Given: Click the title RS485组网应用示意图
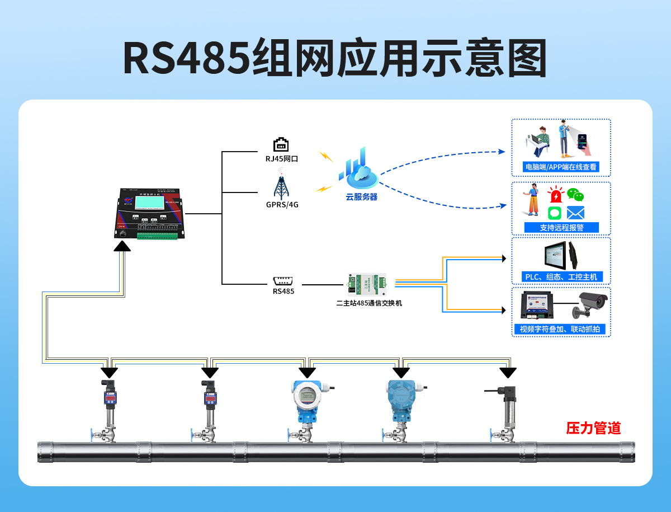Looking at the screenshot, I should (x=334, y=58).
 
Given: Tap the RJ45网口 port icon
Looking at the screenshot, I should (x=281, y=144).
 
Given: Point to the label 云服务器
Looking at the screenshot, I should (x=361, y=197).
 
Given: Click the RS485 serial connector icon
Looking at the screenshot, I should (x=283, y=280).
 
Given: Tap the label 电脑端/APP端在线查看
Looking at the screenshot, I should (x=560, y=167).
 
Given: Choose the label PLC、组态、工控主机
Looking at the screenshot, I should (x=561, y=276).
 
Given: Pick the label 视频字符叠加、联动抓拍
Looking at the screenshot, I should (x=560, y=329).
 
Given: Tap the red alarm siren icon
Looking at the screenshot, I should (x=555, y=195).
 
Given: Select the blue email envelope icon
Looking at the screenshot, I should (x=575, y=213).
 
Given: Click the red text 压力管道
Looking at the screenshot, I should (x=593, y=429).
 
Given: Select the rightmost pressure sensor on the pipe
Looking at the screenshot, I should (x=508, y=406).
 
